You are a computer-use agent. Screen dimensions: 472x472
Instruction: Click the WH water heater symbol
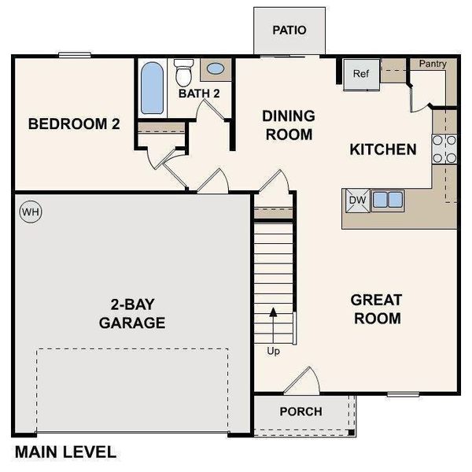point(30,212)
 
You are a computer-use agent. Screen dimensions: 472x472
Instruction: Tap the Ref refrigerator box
point(360,75)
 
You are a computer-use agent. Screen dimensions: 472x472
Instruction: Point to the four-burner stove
point(444,149)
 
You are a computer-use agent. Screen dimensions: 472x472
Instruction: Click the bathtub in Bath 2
point(152,87)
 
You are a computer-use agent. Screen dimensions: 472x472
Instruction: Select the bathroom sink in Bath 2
point(214,69)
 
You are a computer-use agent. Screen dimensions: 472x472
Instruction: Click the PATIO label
point(289,31)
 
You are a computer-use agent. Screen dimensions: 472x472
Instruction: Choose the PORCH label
point(301,411)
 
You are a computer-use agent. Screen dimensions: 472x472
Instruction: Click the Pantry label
point(433,64)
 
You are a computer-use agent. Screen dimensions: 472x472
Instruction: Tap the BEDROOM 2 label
point(74,124)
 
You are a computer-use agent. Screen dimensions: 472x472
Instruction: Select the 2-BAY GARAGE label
point(132,313)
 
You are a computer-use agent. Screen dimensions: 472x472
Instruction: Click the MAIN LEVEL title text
point(66,452)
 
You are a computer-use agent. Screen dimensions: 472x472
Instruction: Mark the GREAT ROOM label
point(376,309)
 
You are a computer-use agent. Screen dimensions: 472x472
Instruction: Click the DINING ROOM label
point(288,125)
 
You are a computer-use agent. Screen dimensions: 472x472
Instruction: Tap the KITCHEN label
point(382,149)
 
